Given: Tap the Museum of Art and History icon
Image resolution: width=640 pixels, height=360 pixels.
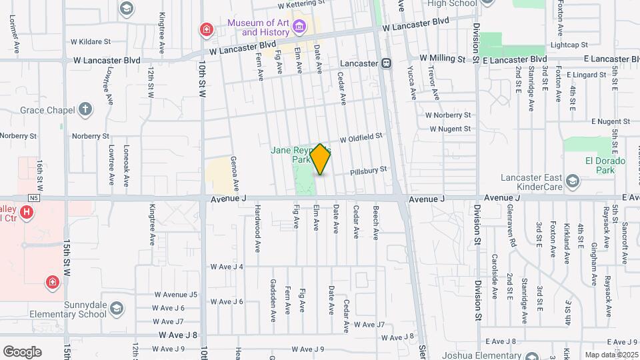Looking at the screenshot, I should pyautogui.click(x=299, y=27).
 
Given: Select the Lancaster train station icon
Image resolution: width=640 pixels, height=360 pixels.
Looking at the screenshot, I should pyautogui.click(x=385, y=63).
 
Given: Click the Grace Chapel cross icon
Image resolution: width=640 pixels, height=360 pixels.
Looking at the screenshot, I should pyautogui.click(x=85, y=109).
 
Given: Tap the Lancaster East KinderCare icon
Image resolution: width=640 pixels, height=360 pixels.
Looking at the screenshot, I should pyautogui.click(x=572, y=181).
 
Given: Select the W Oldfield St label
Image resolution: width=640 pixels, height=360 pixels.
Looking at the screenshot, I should pyautogui.click(x=360, y=138).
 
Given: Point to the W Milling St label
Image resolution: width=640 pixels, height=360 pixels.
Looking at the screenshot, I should pyautogui.click(x=442, y=59).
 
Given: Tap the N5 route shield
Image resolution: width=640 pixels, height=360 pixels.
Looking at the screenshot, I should pyautogui.click(x=35, y=198).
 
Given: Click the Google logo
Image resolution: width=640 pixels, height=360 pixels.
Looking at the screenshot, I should pyautogui.click(x=22, y=352).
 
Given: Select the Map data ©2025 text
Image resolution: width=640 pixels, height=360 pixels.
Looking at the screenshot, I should pyautogui.click(x=611, y=355).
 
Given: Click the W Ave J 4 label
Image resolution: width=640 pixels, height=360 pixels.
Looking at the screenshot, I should pyautogui.click(x=227, y=267).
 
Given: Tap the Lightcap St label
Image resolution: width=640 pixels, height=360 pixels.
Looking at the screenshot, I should pyautogui.click(x=569, y=45).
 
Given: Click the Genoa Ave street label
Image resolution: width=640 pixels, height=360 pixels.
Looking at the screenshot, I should pyautogui.click(x=235, y=175).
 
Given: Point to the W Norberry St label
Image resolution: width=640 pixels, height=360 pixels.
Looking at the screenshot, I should pyautogui.click(x=449, y=115).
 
